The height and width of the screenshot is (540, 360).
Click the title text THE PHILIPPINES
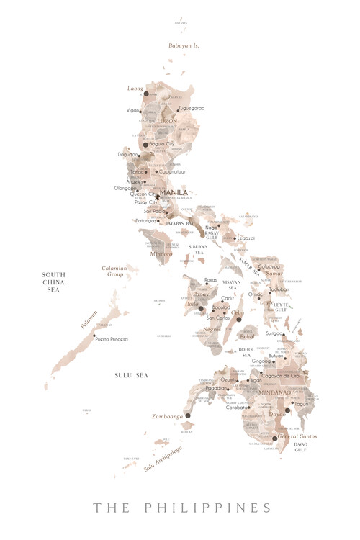point(182,508)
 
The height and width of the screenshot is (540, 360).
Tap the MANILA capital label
point(174,192)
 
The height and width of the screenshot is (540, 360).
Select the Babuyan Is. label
point(184,45)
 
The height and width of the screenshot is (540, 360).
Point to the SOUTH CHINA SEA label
point(54,282)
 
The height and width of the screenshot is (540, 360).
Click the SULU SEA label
point(131,375)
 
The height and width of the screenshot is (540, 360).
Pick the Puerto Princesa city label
point(113,338)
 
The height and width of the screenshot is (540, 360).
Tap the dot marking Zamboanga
point(187,415)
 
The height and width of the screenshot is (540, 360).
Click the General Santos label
point(297,436)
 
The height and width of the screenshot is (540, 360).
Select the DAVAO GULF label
point(300,449)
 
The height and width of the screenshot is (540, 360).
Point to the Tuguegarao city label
point(192,108)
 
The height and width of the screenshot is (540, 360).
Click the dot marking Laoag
point(145,94)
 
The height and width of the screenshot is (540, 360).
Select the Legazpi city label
point(246,238)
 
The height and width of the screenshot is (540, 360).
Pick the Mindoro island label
point(161,253)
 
